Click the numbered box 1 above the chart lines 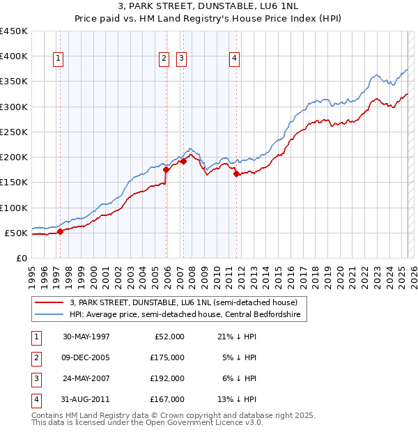pyautogui.click(x=57, y=59)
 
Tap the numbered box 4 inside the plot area pyautogui.click(x=234, y=59)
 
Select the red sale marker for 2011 pyautogui.click(x=237, y=174)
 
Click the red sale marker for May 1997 pyautogui.click(x=60, y=231)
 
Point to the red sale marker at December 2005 pyautogui.click(x=167, y=169)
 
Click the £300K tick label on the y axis pyautogui.click(x=14, y=107)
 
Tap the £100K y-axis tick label pyautogui.click(x=14, y=208)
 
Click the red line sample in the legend pyautogui.click(x=49, y=302)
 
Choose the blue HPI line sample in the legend pyautogui.click(x=49, y=315)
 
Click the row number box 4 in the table pyautogui.click(x=36, y=399)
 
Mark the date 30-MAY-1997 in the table pyautogui.click(x=86, y=337)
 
